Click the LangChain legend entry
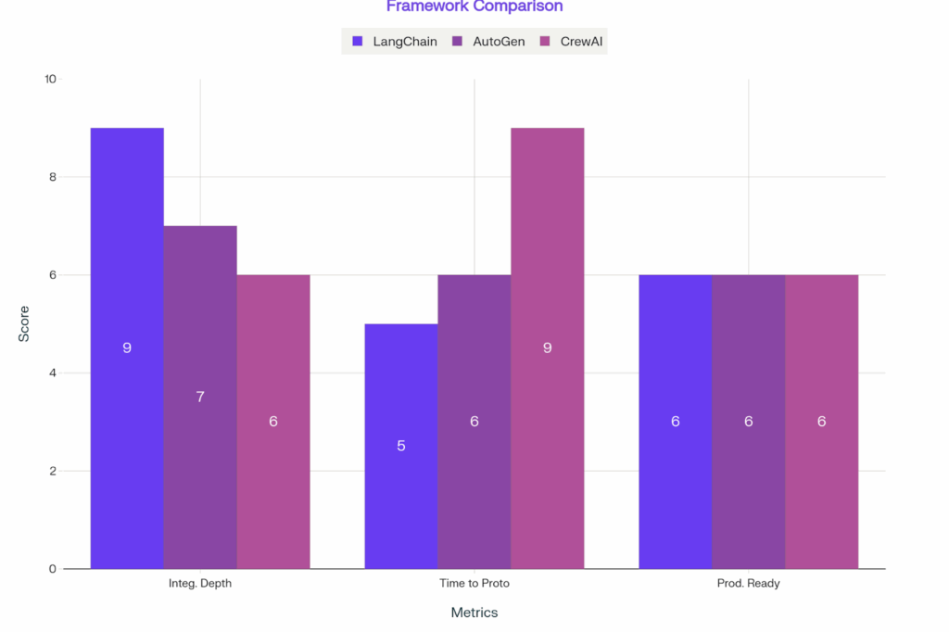pos(396,41)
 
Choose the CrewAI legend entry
pos(574,41)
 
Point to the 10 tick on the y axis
pos(50,79)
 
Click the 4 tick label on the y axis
pos(52,373)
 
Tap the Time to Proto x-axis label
pos(474,584)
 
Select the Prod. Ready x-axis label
pos(749,584)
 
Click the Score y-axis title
pos(24,323)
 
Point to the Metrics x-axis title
pos(474,613)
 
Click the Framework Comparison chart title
pos(474,7)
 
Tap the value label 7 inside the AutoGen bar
pos(200,397)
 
